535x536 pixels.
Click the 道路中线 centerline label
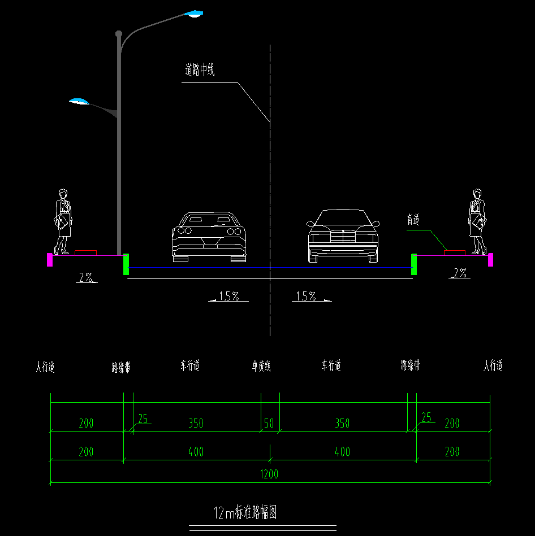click(x=200, y=71)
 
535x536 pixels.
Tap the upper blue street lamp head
click(x=193, y=14)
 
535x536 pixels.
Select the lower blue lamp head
click(x=79, y=102)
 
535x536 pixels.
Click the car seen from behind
click(x=209, y=237)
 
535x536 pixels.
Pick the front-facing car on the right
click(x=343, y=236)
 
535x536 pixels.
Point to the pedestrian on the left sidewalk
click(x=63, y=221)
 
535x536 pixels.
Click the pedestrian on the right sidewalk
click(x=477, y=221)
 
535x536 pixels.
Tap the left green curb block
click(x=126, y=264)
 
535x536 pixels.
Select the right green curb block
click(x=414, y=264)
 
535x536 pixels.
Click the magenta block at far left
click(x=50, y=260)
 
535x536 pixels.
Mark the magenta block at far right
click(x=490, y=260)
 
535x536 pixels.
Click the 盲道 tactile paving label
click(x=413, y=220)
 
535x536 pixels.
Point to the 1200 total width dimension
click(x=270, y=474)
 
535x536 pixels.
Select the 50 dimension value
click(x=269, y=423)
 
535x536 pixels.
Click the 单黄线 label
click(x=261, y=367)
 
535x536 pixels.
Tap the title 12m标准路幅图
click(x=245, y=513)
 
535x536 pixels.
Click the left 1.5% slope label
click(x=229, y=296)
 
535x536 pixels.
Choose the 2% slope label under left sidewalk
click(x=86, y=277)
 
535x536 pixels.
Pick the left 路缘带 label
click(x=121, y=368)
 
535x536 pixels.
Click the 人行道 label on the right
click(x=493, y=366)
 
